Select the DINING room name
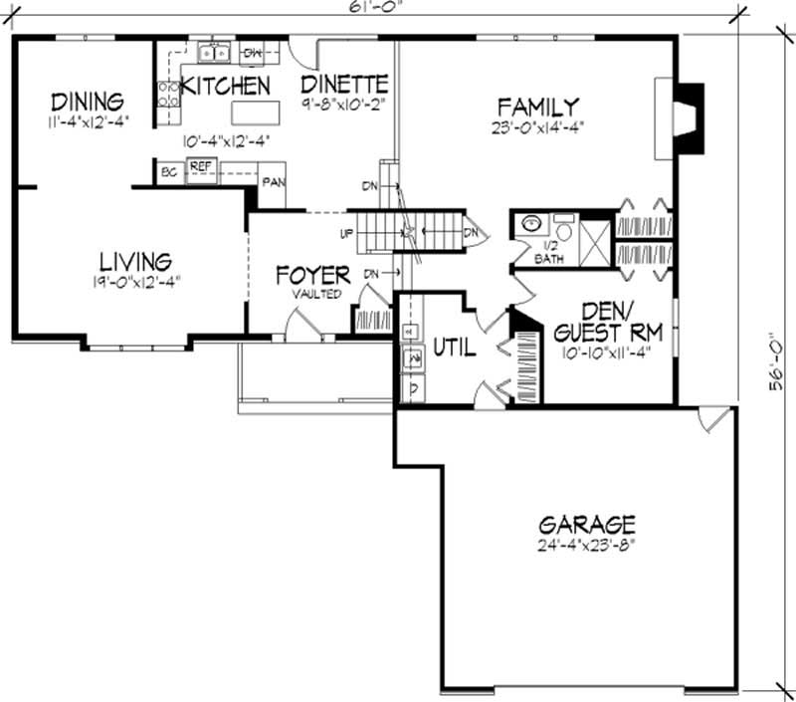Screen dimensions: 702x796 point(88,102)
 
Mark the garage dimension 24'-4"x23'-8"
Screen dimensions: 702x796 point(586,545)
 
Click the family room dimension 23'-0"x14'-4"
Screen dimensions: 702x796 point(538,126)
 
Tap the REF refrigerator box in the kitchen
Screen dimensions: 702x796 point(200,167)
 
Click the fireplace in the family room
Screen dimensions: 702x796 point(685,117)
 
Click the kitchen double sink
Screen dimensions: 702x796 point(214,52)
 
